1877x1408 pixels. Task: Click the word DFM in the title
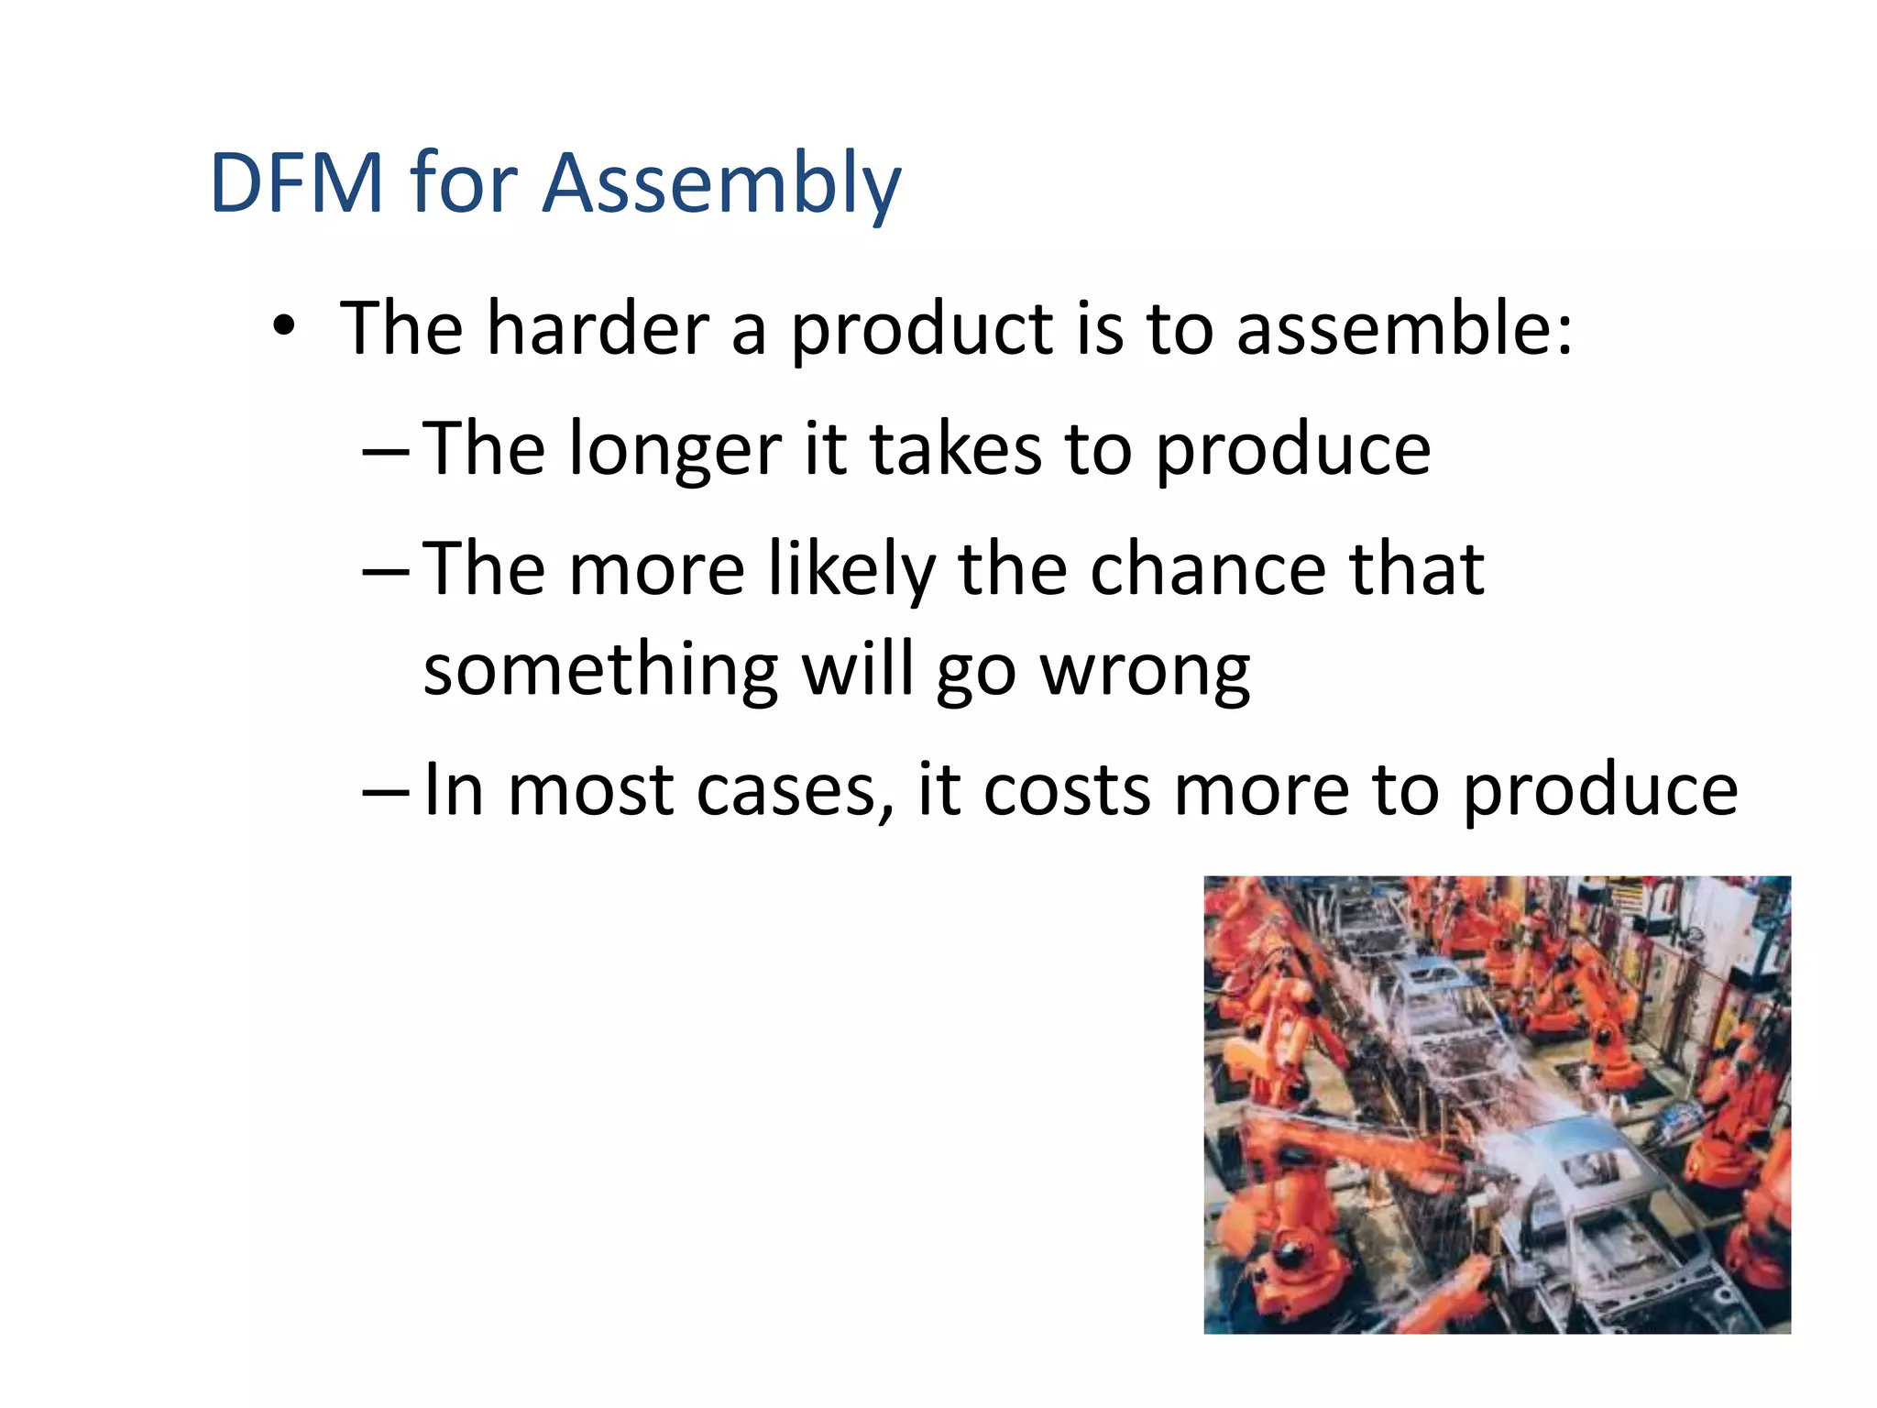click(296, 183)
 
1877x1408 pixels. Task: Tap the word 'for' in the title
click(464, 183)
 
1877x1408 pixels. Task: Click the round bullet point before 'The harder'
click(284, 326)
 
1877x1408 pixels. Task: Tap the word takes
click(956, 448)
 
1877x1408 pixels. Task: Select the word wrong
click(1145, 672)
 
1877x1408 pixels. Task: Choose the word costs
click(1066, 790)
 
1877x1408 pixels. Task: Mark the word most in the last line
click(590, 790)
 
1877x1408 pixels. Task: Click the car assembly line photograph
click(1497, 1105)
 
